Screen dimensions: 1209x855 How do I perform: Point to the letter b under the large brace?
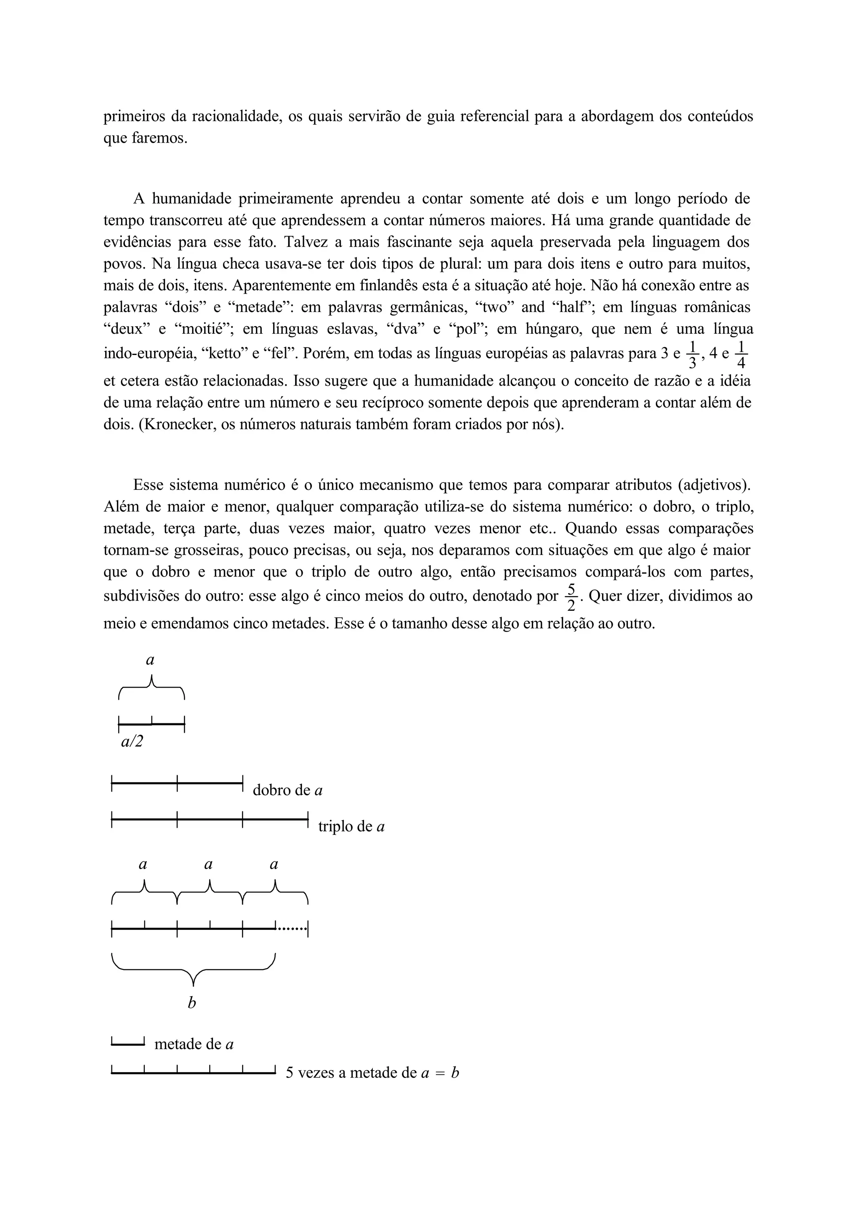pos(192,1003)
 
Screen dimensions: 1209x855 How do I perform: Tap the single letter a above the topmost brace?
pos(150,660)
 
